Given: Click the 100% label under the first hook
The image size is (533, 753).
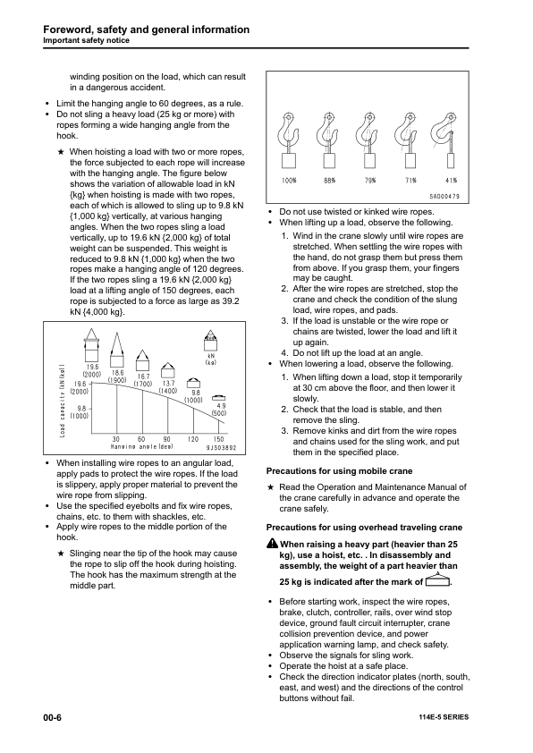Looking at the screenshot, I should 290,180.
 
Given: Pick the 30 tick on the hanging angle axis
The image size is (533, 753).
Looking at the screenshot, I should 115,438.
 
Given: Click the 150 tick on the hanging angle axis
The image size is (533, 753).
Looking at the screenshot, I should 218,438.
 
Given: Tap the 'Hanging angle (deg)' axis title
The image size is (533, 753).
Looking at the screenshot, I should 141,446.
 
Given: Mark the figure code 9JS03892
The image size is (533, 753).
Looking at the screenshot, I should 222,446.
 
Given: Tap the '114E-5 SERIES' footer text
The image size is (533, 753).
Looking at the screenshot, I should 443,718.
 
